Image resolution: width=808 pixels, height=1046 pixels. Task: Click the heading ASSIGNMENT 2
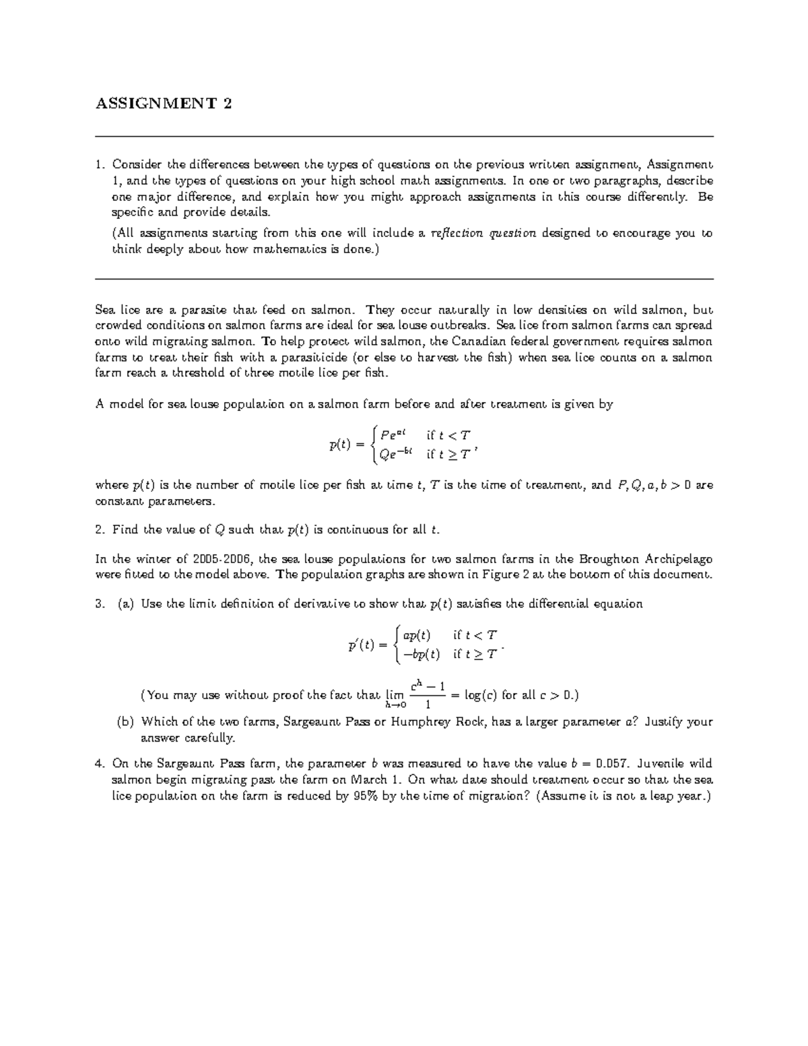(x=164, y=104)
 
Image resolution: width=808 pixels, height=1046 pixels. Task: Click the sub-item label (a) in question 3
(x=125, y=603)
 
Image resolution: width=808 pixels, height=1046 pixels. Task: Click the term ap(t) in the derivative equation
(x=415, y=634)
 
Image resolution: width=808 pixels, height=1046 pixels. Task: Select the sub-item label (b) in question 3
(x=125, y=721)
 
